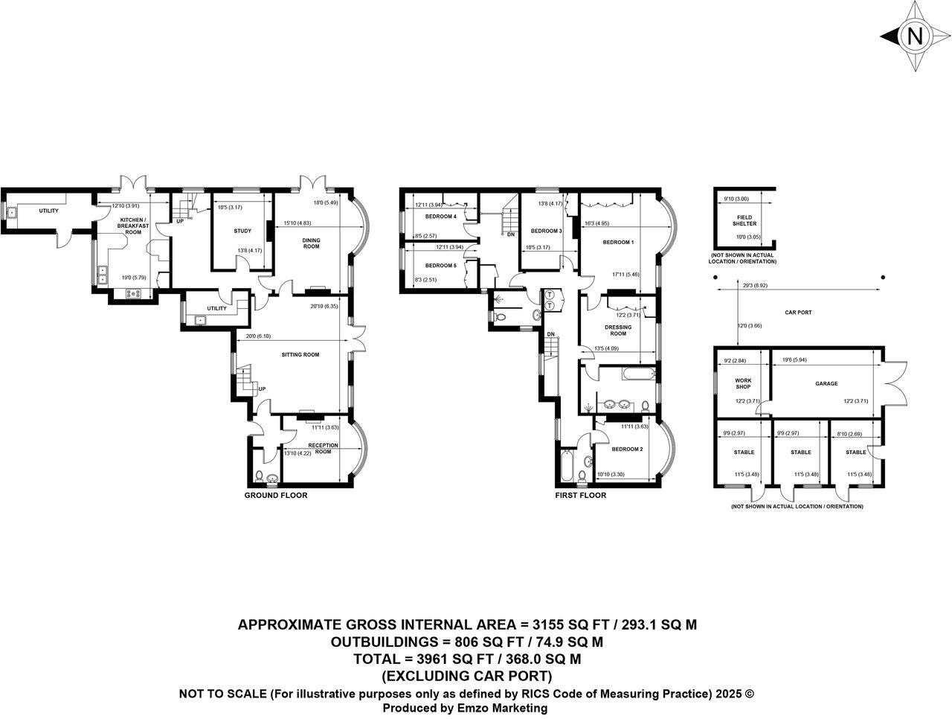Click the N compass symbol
[x=915, y=36]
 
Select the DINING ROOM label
[x=311, y=243]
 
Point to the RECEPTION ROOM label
[x=323, y=449]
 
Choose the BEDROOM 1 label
[x=617, y=243]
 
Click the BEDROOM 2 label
[x=626, y=450]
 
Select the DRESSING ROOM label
[x=618, y=330]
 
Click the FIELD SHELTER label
[x=742, y=220]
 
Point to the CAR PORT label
[x=799, y=313]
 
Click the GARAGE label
[x=826, y=384]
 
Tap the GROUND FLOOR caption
[x=276, y=496]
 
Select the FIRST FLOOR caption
[x=580, y=496]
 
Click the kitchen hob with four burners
[x=135, y=293]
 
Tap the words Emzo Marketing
[x=504, y=709]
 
